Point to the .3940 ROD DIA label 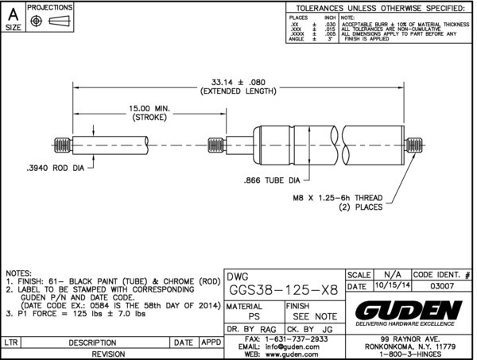click(x=55, y=168)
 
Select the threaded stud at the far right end click(x=413, y=145)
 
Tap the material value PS click(x=254, y=316)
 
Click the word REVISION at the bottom click(x=111, y=354)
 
